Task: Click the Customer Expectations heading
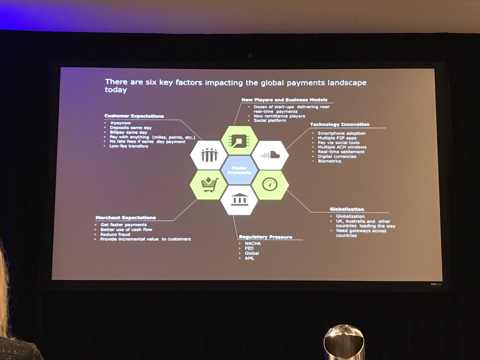[x=134, y=116]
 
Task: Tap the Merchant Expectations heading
[x=126, y=218]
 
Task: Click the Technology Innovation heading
[x=339, y=124]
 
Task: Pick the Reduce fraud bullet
[x=115, y=234]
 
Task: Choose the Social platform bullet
[x=270, y=120]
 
